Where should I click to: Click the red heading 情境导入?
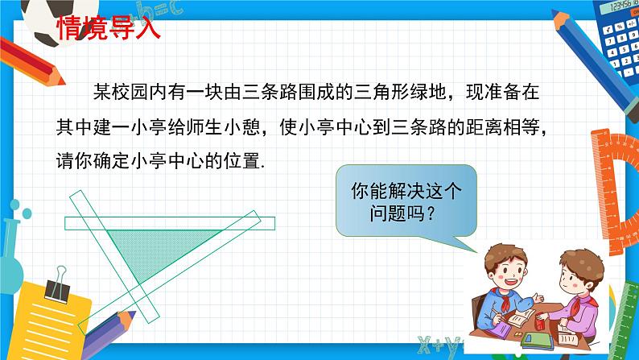109,27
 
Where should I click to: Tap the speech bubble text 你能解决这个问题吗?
406,201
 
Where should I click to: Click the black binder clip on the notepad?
58,287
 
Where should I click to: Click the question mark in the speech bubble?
431,213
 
